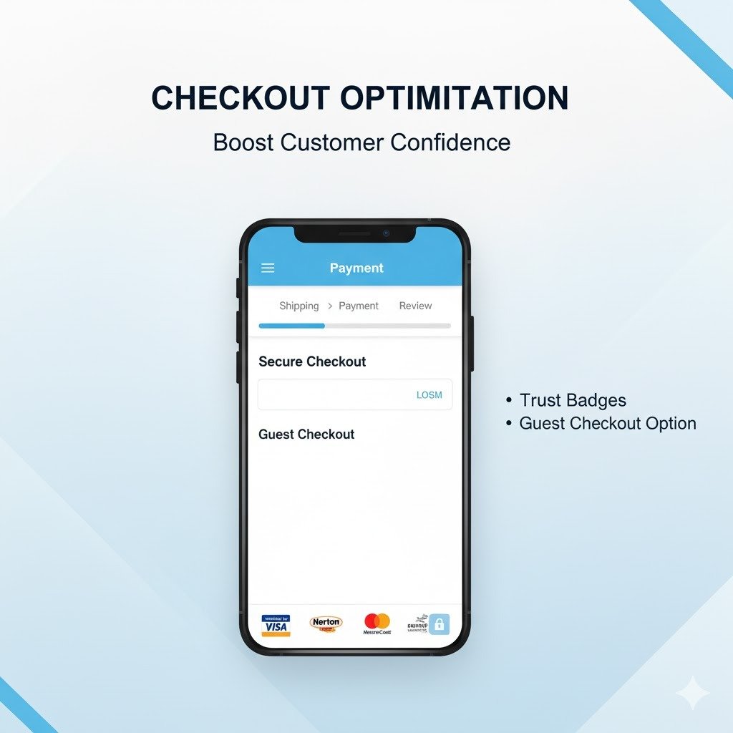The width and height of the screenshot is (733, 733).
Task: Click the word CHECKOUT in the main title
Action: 241,98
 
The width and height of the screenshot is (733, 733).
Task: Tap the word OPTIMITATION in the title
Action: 454,98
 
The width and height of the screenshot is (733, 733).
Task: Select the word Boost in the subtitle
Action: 243,142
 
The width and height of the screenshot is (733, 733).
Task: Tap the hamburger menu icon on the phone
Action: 268,268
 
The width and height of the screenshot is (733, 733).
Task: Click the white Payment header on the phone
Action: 356,268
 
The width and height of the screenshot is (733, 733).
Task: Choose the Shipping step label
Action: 298,306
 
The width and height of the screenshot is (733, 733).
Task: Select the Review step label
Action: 415,306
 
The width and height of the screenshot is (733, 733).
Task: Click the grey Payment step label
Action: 359,306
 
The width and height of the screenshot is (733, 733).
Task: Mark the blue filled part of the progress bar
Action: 291,326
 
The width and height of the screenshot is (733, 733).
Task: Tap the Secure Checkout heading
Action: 312,361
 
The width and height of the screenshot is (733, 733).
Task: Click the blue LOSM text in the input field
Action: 429,395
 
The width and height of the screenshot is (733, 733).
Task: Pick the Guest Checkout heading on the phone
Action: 306,435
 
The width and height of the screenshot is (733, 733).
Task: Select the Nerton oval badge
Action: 326,623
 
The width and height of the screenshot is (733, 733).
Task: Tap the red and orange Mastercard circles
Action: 377,621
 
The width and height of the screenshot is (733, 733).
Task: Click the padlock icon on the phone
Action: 440,625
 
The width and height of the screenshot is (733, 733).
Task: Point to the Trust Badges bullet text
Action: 573,400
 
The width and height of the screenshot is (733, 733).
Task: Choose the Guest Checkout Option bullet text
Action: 608,424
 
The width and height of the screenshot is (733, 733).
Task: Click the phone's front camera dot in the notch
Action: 386,233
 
